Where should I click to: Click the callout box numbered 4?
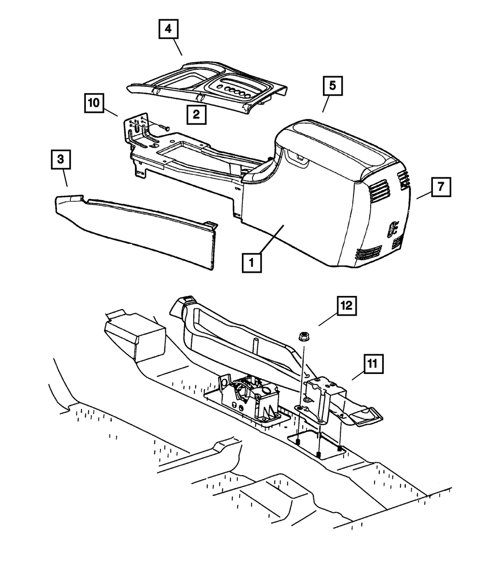point(167,29)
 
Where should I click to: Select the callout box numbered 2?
point(196,114)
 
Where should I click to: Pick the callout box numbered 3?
point(60,160)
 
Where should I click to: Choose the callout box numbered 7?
point(441,186)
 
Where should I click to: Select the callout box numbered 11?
point(374,365)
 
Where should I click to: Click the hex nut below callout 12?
point(304,336)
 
